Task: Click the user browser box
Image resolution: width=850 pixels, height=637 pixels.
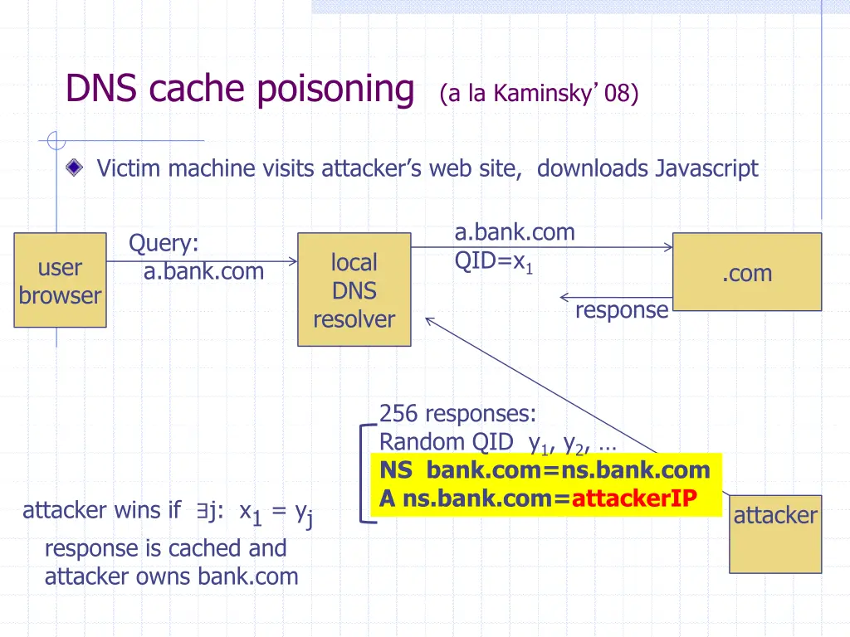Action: click(60, 280)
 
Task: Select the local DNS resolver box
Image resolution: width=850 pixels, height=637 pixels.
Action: click(354, 289)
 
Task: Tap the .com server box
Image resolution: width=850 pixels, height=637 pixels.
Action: click(747, 272)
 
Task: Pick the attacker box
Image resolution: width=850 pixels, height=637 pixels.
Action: click(775, 534)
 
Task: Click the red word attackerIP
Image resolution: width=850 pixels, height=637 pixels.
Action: click(634, 498)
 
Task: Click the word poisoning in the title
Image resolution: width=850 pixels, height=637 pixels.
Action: click(335, 89)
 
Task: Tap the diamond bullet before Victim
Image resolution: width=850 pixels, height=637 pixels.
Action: click(74, 168)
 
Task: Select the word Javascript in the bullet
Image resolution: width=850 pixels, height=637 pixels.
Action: click(707, 168)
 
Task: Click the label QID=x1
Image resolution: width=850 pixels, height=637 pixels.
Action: click(493, 261)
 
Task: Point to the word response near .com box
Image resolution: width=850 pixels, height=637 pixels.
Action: click(622, 310)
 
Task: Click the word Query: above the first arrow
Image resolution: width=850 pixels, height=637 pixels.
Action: click(164, 243)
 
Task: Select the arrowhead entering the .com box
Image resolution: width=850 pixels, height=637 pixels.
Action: click(668, 247)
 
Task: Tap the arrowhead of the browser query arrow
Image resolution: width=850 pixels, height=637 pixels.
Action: click(293, 261)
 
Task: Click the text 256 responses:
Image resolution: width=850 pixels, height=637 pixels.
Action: click(457, 414)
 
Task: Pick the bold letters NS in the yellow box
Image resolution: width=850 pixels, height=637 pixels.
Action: click(396, 470)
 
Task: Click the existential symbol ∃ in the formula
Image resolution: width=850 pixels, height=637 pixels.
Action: click(203, 510)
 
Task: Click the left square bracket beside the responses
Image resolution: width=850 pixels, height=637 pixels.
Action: click(368, 474)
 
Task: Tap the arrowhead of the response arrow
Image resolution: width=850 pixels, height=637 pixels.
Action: click(564, 297)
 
